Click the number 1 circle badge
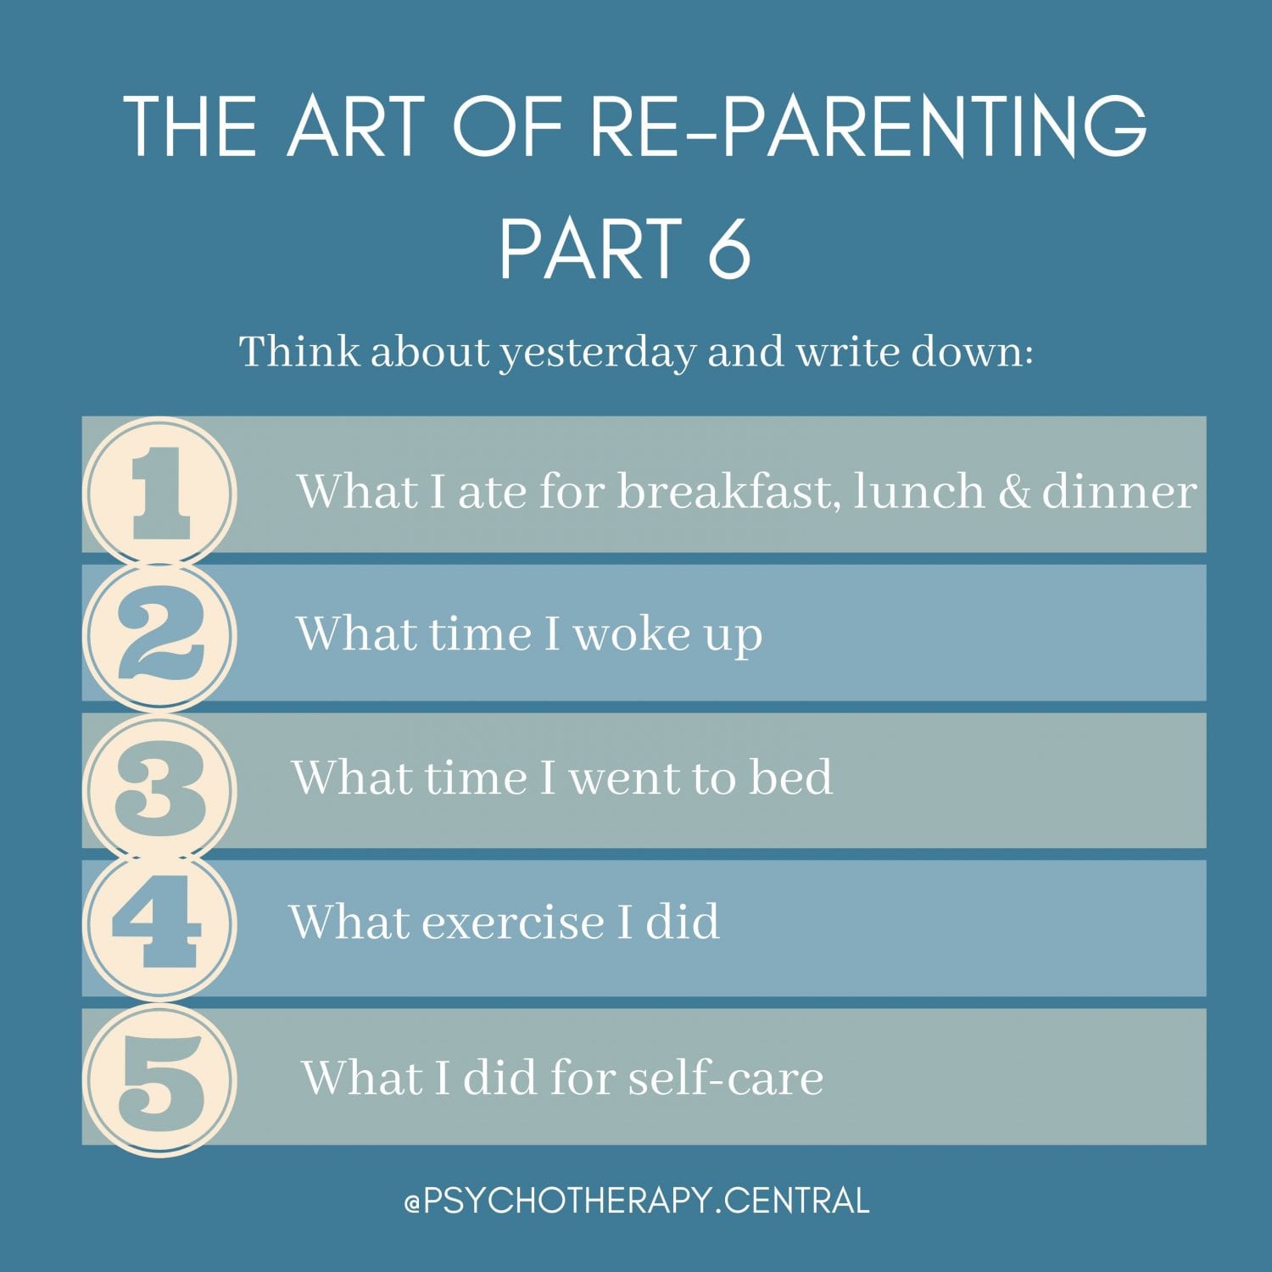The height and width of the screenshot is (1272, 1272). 160,492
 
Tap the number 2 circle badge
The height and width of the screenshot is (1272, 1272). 160,636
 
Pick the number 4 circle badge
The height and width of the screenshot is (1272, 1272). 160,924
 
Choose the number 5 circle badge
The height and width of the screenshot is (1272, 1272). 160,1080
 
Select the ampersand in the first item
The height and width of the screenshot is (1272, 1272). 1013,492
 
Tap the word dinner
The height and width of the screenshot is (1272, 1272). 1119,492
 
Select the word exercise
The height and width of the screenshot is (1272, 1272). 513,922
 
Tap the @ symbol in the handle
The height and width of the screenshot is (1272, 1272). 413,1202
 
